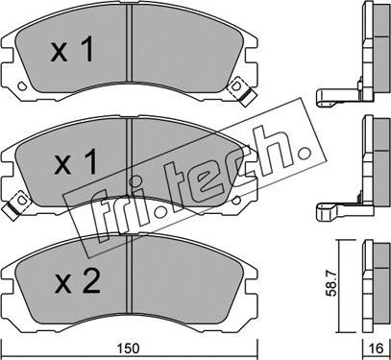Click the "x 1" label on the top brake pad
click(72, 49)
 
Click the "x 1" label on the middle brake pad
click(76, 162)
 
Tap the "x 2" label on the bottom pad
click(77, 280)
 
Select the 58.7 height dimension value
click(332, 283)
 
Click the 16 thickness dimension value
click(377, 348)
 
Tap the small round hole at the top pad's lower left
click(22, 86)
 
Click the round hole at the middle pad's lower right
click(236, 200)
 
